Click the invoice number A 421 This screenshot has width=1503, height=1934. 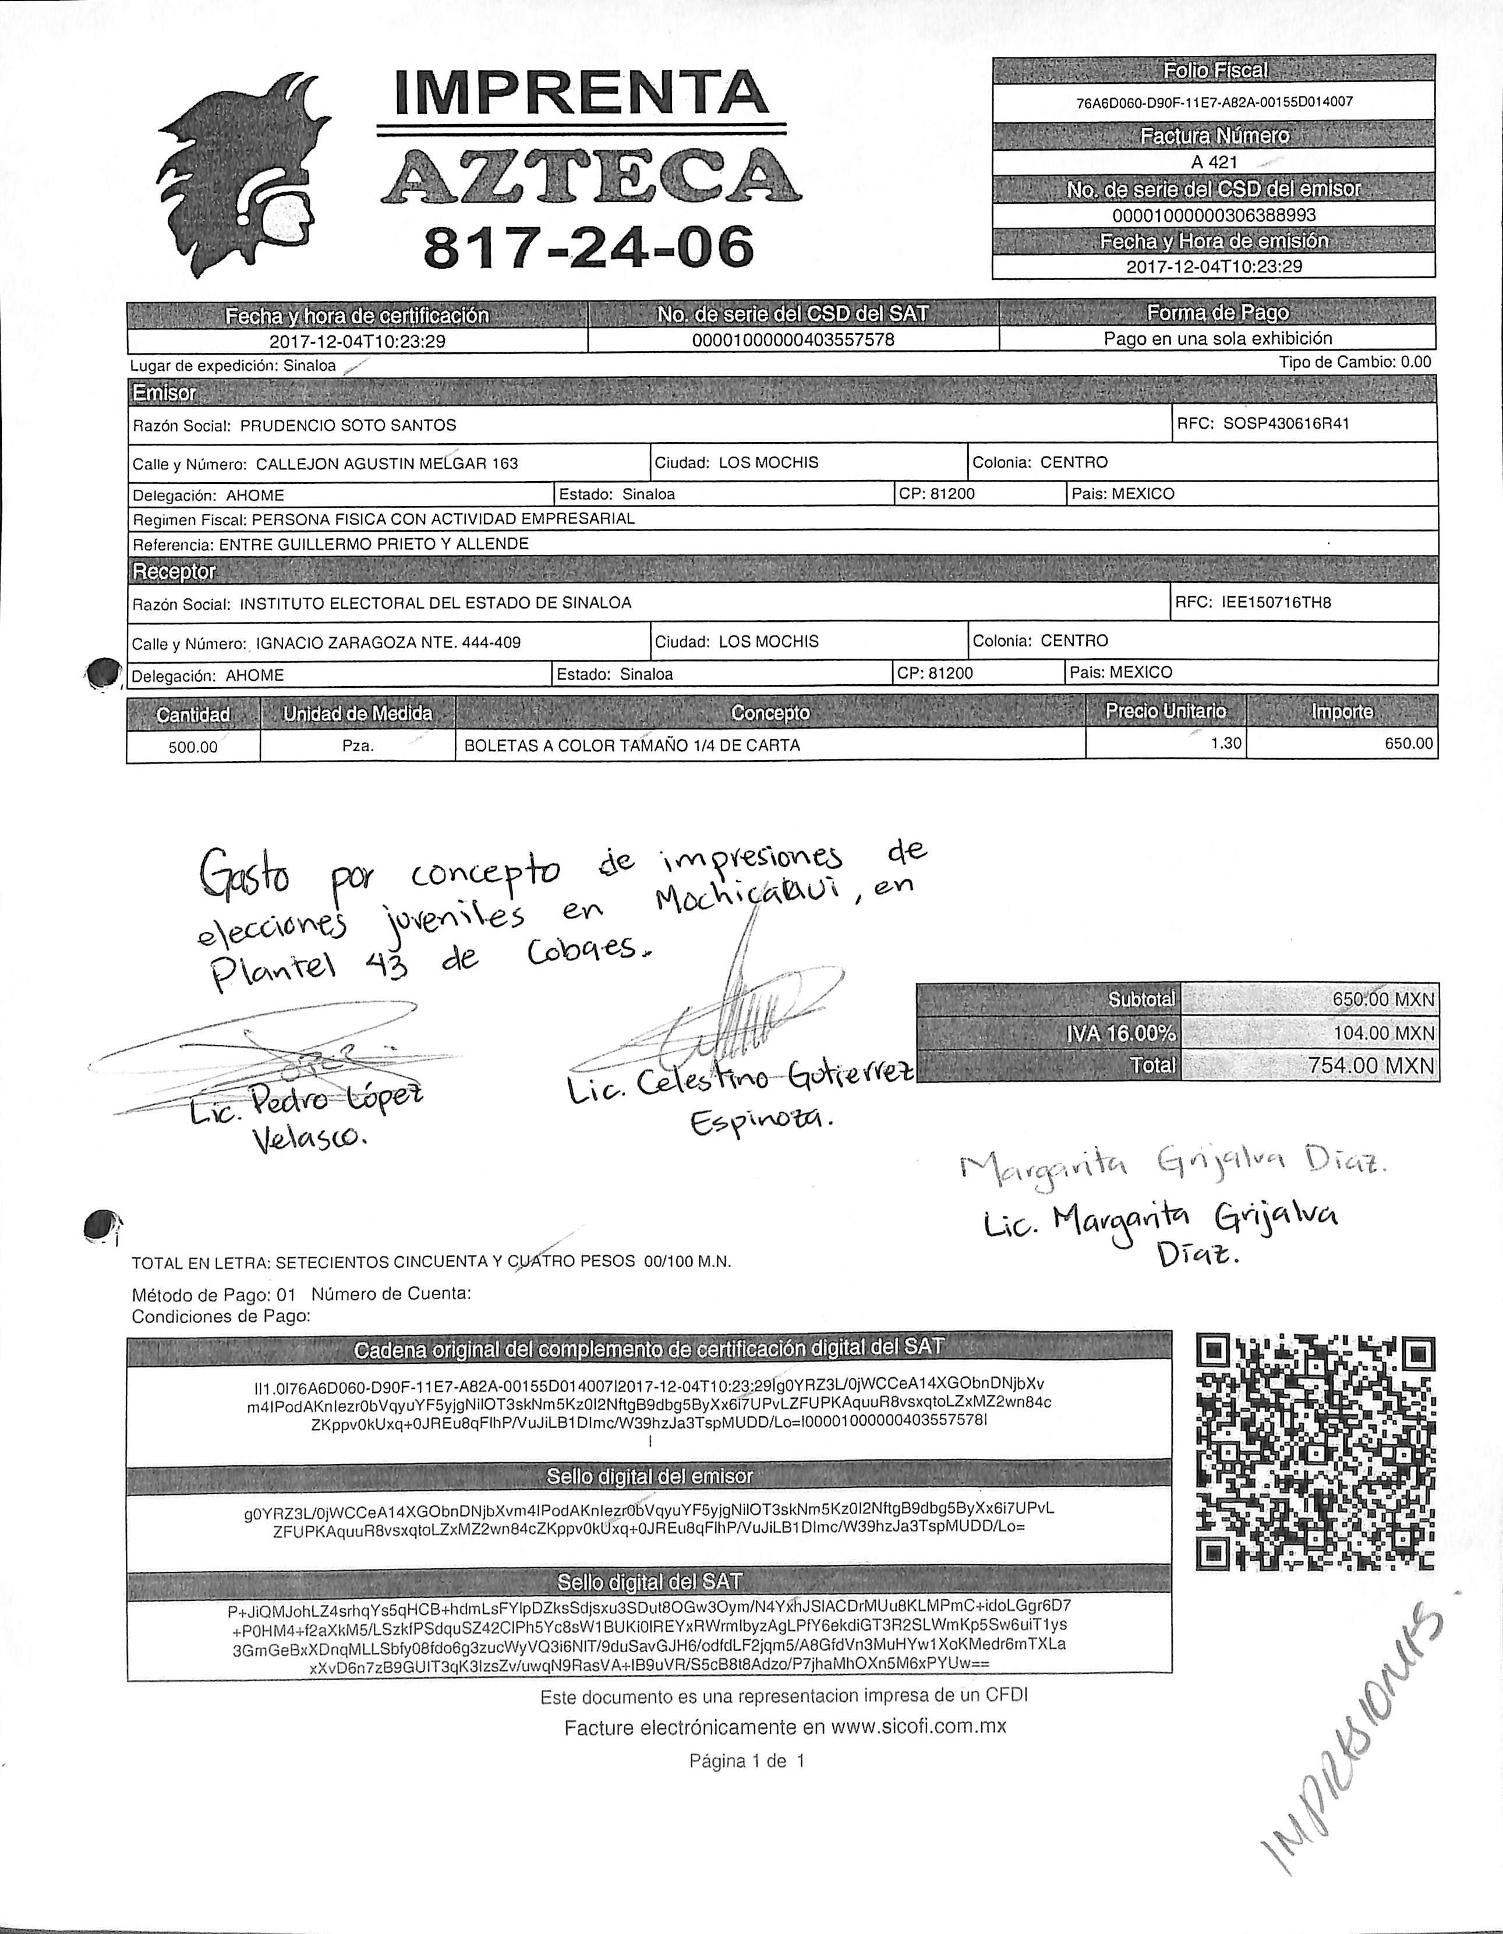tap(1214, 162)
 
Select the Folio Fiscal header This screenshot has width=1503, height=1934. tap(1214, 70)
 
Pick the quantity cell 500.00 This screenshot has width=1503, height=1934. tap(193, 747)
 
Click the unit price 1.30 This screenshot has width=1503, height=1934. tap(1226, 744)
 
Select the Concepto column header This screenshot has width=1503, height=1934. tap(770, 713)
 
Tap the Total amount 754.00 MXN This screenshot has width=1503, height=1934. tap(1371, 1065)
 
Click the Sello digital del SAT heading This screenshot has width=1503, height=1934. tap(649, 1581)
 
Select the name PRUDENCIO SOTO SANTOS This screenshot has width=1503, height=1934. tap(348, 425)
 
